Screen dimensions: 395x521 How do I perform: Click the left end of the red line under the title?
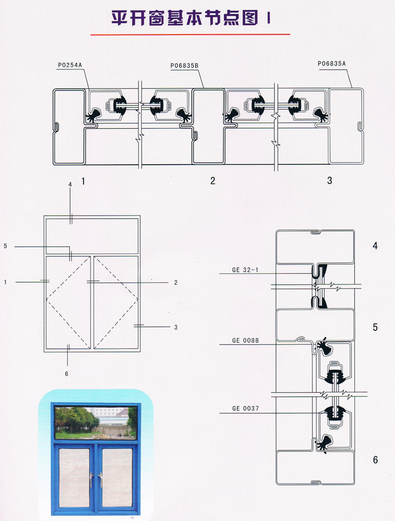pyautogui.click(x=91, y=34)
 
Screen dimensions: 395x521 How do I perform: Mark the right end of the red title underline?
pyautogui.click(x=291, y=34)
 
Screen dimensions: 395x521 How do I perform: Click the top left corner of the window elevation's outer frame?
pyautogui.click(x=44, y=216)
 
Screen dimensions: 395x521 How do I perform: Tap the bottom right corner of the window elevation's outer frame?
pyautogui.click(x=140, y=351)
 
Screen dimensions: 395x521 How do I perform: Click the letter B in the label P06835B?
pyautogui.click(x=196, y=66)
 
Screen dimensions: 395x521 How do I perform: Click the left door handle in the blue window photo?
pyautogui.click(x=91, y=480)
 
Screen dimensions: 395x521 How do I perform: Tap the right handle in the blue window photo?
pyautogui.click(x=100, y=480)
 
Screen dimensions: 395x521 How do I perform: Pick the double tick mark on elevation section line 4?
pyautogui.click(x=71, y=220)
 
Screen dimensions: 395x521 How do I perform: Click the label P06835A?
pyautogui.click(x=332, y=63)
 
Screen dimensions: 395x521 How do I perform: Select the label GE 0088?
pyautogui.click(x=245, y=340)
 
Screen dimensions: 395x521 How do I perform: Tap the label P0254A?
pyautogui.click(x=70, y=65)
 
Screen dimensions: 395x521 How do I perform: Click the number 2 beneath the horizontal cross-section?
pyautogui.click(x=213, y=181)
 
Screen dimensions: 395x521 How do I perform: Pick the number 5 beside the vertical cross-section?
pyautogui.click(x=375, y=327)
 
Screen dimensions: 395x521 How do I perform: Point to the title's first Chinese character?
pyautogui.click(x=120, y=18)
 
